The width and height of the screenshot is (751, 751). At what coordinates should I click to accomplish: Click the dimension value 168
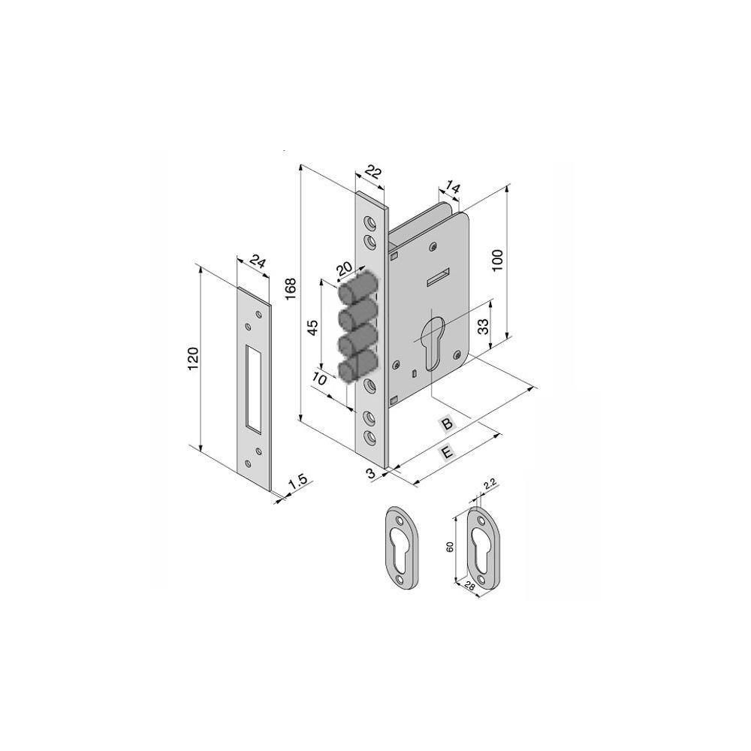click(x=291, y=289)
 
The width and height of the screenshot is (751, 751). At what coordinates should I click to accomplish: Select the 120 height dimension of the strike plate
click(x=193, y=357)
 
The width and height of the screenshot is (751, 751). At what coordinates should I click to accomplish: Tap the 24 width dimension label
click(x=258, y=263)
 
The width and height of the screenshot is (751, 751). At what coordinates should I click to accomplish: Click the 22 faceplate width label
click(x=373, y=171)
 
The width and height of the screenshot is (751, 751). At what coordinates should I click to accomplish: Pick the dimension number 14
click(x=452, y=187)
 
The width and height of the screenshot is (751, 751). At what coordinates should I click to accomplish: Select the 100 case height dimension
click(x=498, y=261)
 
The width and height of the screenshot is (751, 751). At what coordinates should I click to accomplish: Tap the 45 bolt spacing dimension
click(x=312, y=327)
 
